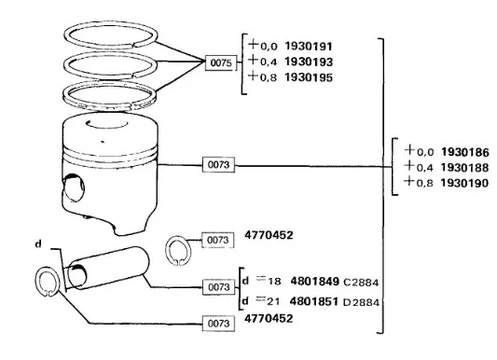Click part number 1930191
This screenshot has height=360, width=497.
pos(309,47)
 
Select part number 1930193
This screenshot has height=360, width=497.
pos(309,62)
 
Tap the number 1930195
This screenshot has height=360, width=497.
pos(309,77)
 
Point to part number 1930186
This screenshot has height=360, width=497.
pos(465,152)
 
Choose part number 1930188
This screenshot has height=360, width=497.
pos(465,168)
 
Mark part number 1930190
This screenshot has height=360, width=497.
pos(465,183)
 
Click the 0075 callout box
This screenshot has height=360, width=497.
pos(221,62)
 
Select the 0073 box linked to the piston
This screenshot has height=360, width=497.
pos(218,165)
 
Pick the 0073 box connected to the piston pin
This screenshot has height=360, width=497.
pos(219,287)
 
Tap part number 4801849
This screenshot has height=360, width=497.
pos(315,282)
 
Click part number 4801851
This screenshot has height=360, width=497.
pos(314,301)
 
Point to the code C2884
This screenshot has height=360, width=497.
pos(361,282)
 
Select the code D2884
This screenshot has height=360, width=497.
pos(361,302)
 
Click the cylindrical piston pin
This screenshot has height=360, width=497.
pos(108,268)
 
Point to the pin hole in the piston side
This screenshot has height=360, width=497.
pos(74,187)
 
